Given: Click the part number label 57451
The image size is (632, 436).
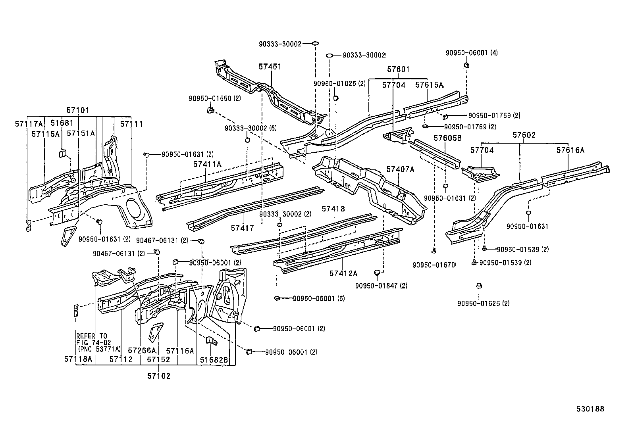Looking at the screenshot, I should (270, 67).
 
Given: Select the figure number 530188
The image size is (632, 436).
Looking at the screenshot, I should (590, 409).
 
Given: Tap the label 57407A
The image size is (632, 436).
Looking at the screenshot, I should (400, 169).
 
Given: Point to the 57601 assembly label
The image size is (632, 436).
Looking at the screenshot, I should (398, 70).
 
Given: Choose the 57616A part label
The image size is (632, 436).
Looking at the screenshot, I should (570, 150).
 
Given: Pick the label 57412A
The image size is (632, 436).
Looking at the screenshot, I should (343, 273).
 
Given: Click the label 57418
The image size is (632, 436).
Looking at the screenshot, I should (333, 209).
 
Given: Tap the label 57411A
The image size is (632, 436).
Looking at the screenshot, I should (207, 164).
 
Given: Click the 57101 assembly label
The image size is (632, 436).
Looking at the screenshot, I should (78, 110).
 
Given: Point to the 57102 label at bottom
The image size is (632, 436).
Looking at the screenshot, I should (158, 376).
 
